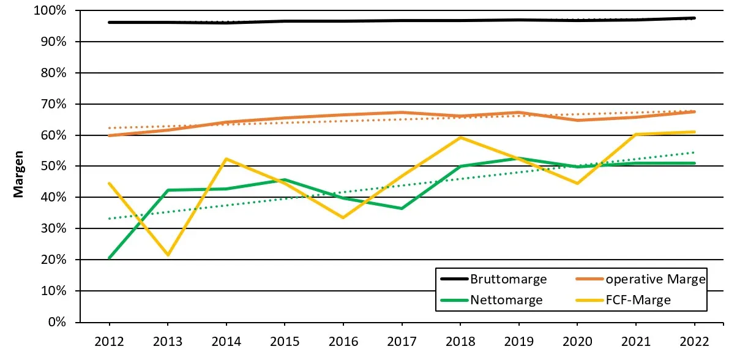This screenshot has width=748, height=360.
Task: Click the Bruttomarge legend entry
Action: coord(508,279)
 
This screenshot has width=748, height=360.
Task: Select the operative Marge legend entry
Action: coord(655,279)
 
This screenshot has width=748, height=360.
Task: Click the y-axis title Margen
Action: coord(19,174)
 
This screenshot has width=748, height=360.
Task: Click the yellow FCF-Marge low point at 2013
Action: coord(168,255)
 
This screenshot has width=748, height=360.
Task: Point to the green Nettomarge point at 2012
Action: coord(110,258)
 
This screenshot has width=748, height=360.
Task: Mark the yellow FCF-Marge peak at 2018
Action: coord(460,137)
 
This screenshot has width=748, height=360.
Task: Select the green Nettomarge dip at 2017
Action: coord(402,208)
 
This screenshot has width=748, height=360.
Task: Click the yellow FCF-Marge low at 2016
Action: coord(343,217)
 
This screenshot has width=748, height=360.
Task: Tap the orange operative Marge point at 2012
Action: coord(110,135)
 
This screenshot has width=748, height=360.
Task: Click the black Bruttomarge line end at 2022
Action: coord(695,18)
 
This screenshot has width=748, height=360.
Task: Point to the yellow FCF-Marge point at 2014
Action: coord(226,159)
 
